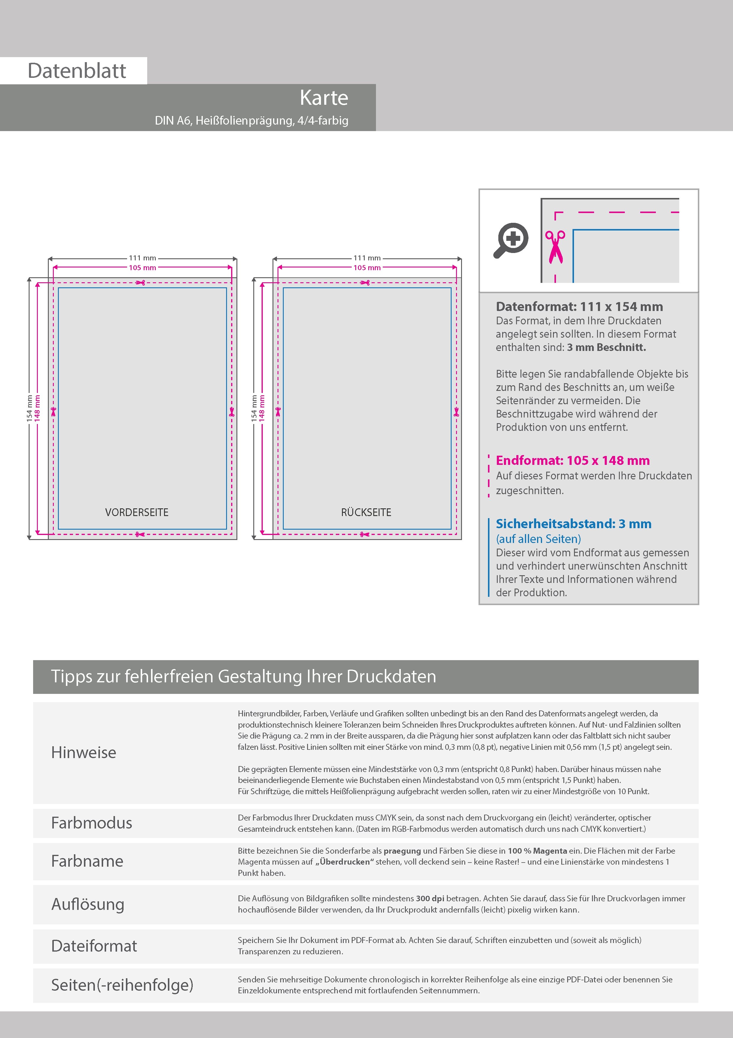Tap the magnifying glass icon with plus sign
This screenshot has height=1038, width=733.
(x=511, y=240)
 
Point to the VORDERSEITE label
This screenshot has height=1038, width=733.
(x=137, y=512)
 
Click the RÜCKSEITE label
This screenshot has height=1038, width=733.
(x=366, y=512)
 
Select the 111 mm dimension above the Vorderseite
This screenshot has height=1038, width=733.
(x=142, y=258)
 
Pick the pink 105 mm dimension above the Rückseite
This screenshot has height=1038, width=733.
(x=367, y=268)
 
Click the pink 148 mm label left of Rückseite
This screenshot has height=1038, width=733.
(x=262, y=409)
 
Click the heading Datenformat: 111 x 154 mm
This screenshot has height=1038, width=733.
(x=579, y=307)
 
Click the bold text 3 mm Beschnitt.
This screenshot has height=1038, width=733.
(x=606, y=347)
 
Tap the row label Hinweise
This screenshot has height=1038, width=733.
(x=84, y=752)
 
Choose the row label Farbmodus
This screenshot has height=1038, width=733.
(x=92, y=823)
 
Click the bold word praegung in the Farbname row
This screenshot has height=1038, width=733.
(x=402, y=851)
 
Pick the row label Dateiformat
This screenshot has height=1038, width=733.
(x=94, y=946)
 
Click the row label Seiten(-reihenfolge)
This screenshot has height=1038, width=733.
(x=122, y=985)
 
